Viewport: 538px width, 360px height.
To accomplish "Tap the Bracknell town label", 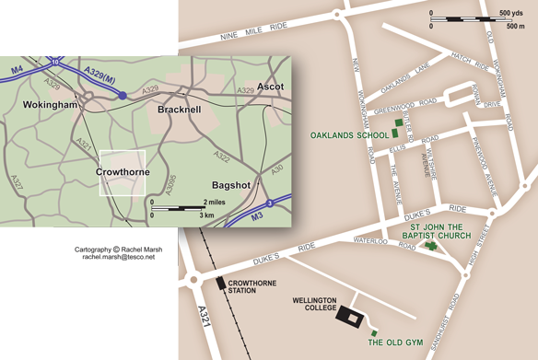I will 171,110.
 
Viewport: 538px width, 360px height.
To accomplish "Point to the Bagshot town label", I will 231,184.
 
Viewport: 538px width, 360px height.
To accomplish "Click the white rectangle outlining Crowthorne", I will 123,172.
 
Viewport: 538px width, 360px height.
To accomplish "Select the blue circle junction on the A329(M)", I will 123,95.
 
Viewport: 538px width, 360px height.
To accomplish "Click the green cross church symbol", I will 430,247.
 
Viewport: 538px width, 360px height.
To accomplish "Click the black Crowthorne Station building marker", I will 221,284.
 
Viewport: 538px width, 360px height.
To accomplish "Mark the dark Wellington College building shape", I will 350,316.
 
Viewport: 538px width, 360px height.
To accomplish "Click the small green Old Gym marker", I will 374,332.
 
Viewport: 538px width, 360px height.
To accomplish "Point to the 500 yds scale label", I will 511,13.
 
